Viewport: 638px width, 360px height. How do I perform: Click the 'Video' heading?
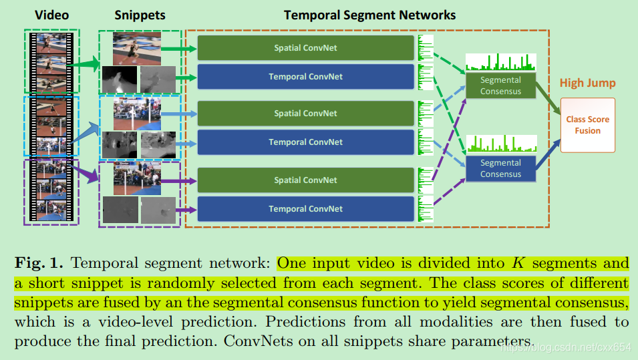(x=51, y=15)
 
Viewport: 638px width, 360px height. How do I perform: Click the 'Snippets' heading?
(x=140, y=15)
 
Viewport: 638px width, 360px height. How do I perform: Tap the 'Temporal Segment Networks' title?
(x=369, y=15)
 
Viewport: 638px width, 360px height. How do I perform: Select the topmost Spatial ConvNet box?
(x=305, y=47)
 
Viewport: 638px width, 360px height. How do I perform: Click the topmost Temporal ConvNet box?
(x=305, y=76)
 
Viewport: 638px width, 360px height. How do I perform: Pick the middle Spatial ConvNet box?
(x=305, y=113)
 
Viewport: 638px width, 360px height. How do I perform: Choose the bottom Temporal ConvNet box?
(x=305, y=208)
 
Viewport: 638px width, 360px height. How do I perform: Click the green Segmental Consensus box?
(x=500, y=85)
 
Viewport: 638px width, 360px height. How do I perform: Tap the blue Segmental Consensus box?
(x=500, y=168)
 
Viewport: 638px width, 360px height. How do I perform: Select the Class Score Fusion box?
(x=587, y=125)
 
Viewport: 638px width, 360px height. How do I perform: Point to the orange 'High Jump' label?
(x=587, y=83)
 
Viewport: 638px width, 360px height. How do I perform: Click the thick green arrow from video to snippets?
(x=83, y=64)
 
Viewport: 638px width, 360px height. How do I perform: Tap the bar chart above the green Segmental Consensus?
(x=501, y=62)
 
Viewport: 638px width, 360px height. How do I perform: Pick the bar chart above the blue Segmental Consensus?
(x=502, y=144)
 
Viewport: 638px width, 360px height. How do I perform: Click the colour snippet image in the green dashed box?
(x=137, y=48)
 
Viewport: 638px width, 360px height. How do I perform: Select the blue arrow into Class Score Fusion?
(x=548, y=154)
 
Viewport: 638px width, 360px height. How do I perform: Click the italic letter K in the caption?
(x=518, y=263)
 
